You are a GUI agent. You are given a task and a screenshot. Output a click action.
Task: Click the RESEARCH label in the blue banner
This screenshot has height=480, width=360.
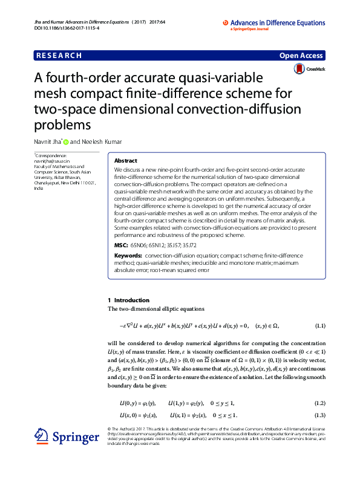[59, 56]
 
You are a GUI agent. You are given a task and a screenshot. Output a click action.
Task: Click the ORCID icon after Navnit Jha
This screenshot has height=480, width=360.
[67, 143]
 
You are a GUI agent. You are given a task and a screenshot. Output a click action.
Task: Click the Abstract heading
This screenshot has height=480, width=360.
[126, 161]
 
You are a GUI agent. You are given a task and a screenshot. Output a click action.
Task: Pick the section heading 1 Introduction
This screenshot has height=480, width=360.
[128, 300]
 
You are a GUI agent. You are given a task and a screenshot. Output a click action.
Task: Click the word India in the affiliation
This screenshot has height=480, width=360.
[39, 189]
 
